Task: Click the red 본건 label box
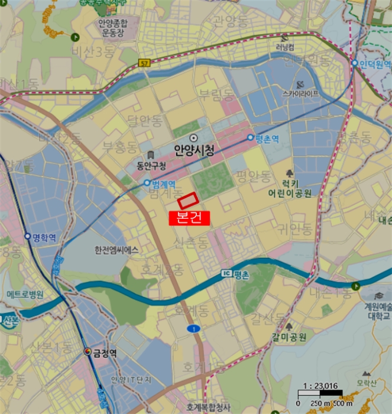pyautogui.click(x=189, y=218)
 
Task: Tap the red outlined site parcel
pyautogui.click(x=189, y=201)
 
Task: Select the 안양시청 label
pyautogui.click(x=193, y=150)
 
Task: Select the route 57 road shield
pyautogui.click(x=144, y=62)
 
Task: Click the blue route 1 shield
pyautogui.click(x=192, y=328)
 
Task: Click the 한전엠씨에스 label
pyautogui.click(x=116, y=250)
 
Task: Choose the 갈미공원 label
pyautogui.click(x=289, y=338)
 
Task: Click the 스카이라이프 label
pyautogui.click(x=300, y=93)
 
